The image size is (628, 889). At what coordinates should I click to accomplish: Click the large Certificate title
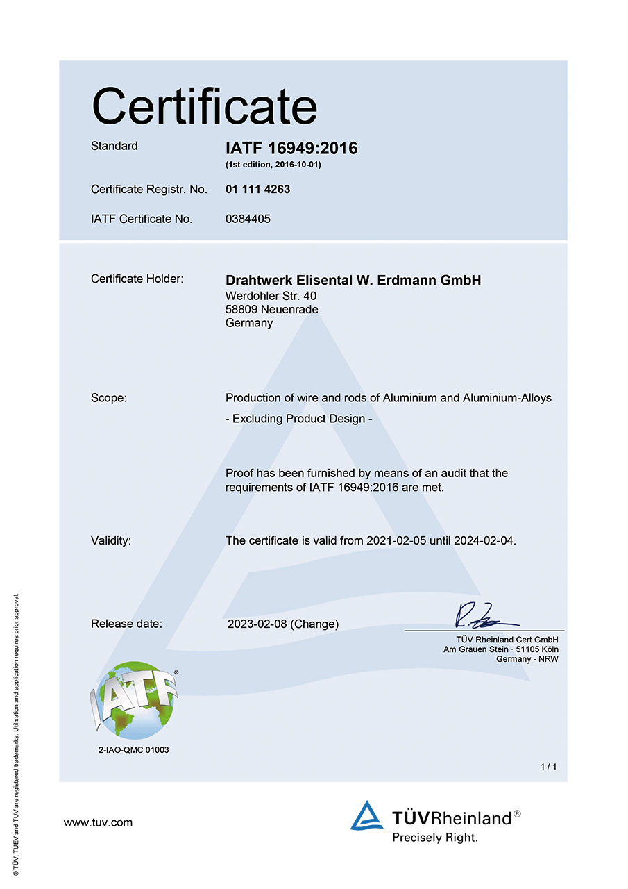coord(204,106)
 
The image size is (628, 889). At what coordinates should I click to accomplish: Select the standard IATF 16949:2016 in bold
coord(291,148)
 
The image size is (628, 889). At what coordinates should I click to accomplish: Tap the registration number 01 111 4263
coord(258,189)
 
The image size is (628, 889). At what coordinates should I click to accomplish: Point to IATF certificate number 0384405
coord(248,219)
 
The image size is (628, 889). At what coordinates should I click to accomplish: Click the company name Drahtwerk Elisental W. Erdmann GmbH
coord(353,281)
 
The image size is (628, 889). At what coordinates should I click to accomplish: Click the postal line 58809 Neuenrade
coord(272,309)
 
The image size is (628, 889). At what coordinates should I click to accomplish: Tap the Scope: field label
coord(109,398)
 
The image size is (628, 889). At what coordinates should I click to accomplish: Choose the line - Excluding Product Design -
coord(299,419)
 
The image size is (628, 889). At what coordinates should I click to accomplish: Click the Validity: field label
coord(111,540)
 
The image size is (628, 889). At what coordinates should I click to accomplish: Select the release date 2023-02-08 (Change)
coord(283,624)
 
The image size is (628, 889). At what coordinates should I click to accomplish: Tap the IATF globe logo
coord(134,700)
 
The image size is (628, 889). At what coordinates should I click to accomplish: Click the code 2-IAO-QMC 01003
coord(134,750)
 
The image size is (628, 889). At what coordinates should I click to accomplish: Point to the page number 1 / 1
coord(548,766)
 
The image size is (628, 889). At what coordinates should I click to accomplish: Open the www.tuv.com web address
coord(98,823)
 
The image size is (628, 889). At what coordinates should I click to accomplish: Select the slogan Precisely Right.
coord(435,838)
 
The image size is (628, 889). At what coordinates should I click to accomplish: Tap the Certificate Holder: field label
coord(137,279)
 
